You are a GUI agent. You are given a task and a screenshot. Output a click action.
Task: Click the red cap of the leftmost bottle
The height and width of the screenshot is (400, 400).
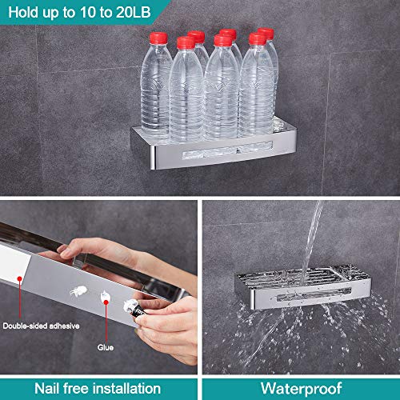[159, 38]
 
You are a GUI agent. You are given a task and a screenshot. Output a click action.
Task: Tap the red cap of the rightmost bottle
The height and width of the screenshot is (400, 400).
[265, 34]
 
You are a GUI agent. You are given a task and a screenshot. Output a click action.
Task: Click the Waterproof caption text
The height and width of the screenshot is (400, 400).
[299, 388]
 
